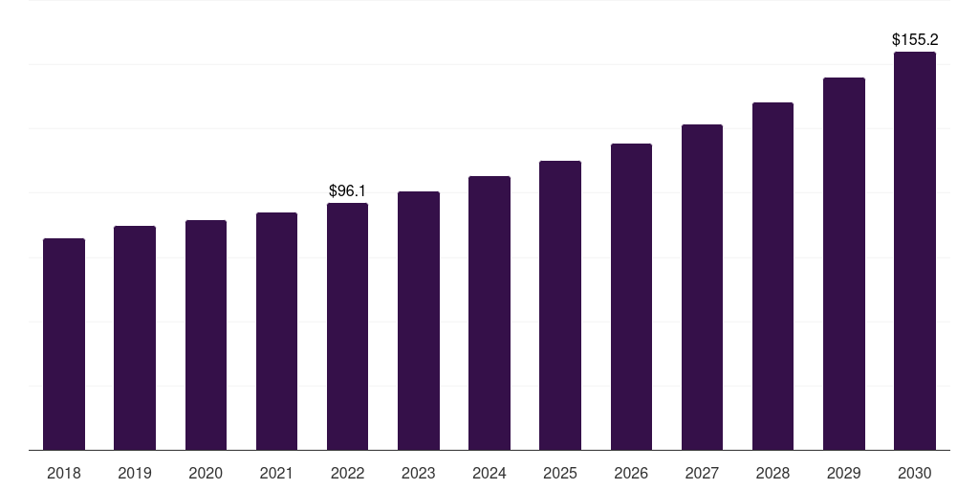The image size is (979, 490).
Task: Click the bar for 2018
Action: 64,345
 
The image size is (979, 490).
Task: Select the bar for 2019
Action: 135,338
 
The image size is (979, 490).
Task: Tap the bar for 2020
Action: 206,335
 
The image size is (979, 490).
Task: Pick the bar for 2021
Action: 276,331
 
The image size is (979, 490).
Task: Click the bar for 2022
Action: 347,326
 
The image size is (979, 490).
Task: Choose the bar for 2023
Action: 419,321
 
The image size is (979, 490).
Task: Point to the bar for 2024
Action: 489,313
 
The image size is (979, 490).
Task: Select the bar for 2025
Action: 560,305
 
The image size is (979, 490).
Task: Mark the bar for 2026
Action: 631,297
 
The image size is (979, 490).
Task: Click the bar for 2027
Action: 702,287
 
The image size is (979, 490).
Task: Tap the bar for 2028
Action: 772,276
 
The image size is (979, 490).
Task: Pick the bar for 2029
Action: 844,263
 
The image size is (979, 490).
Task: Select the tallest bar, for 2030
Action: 915,251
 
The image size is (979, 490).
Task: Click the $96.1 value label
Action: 347,191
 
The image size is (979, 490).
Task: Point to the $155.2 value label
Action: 915,40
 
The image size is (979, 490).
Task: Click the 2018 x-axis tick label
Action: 64,473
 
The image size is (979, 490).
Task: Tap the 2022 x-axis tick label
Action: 347,473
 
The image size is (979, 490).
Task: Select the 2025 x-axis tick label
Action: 560,473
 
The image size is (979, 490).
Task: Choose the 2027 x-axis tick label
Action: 702,473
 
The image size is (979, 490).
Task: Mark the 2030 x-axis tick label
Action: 915,473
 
